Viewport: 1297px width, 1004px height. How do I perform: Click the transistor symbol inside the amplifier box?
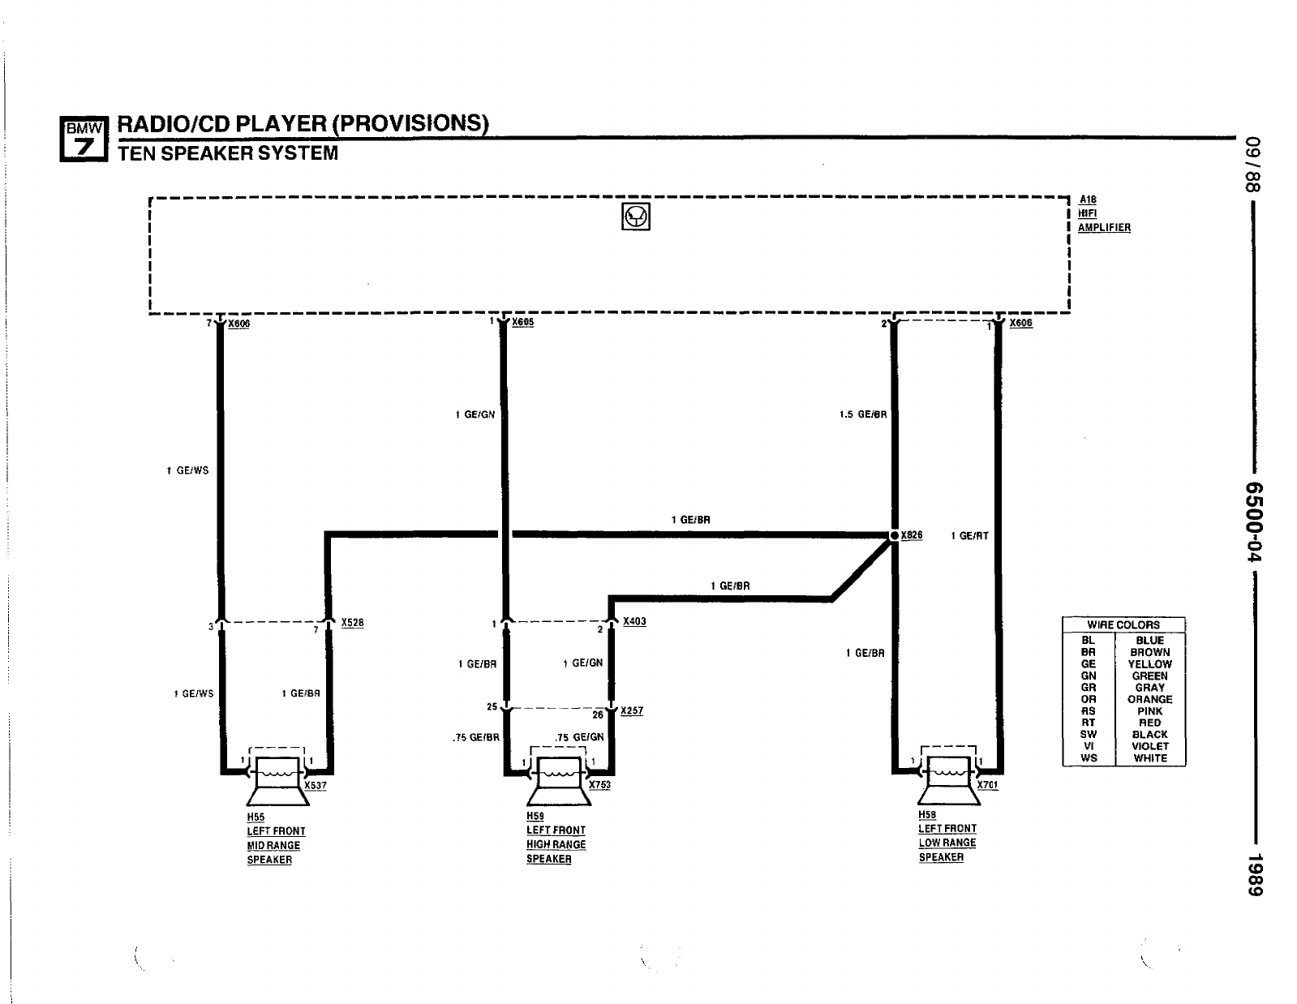coord(635,217)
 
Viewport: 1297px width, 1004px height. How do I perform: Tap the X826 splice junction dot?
coord(894,535)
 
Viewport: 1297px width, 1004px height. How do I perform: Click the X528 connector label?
coord(352,623)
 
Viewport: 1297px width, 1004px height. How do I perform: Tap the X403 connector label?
coord(634,621)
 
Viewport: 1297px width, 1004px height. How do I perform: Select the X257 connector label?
coord(631,710)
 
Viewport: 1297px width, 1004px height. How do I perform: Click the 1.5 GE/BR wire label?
coord(863,414)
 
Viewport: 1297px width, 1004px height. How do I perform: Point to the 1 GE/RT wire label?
coord(969,536)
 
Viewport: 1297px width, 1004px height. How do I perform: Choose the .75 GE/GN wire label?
coord(579,737)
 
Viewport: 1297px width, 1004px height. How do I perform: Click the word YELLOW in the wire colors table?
coord(1149,663)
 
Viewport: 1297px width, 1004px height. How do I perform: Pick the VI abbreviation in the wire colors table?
coord(1089,746)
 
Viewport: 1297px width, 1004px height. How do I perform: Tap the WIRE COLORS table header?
coord(1123,624)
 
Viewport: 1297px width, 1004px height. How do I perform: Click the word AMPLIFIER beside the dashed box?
coord(1104,228)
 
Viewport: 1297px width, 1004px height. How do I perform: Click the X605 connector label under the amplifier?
coord(522,322)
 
